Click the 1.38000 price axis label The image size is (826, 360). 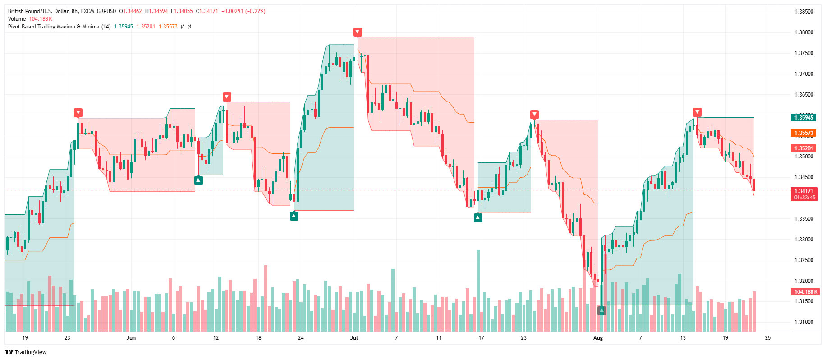tap(804, 32)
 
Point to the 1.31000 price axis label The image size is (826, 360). tap(804, 322)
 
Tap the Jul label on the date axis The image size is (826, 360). tap(354, 338)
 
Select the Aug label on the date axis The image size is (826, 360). tap(598, 338)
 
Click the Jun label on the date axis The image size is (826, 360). tap(131, 338)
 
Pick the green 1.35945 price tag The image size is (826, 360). tap(803, 118)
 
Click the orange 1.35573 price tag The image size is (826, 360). tap(803, 133)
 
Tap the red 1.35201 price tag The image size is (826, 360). tap(803, 148)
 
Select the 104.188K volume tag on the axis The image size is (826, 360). tap(805, 292)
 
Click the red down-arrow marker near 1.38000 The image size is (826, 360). tap(358, 32)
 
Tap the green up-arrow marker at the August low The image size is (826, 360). tap(601, 310)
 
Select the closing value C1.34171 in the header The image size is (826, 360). tap(207, 11)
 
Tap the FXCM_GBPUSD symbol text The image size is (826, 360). tap(98, 11)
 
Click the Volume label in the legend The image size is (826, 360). tap(17, 19)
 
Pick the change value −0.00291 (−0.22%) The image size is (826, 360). tap(243, 11)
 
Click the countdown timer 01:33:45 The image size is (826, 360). tap(805, 198)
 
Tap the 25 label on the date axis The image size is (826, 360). tap(768, 338)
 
